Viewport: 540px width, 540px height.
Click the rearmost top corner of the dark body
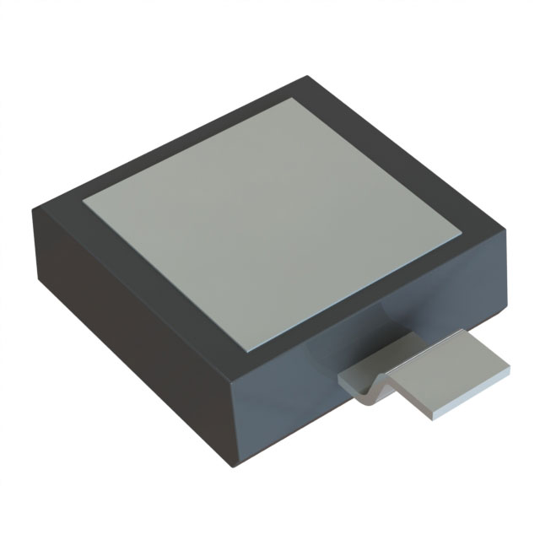(305, 77)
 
